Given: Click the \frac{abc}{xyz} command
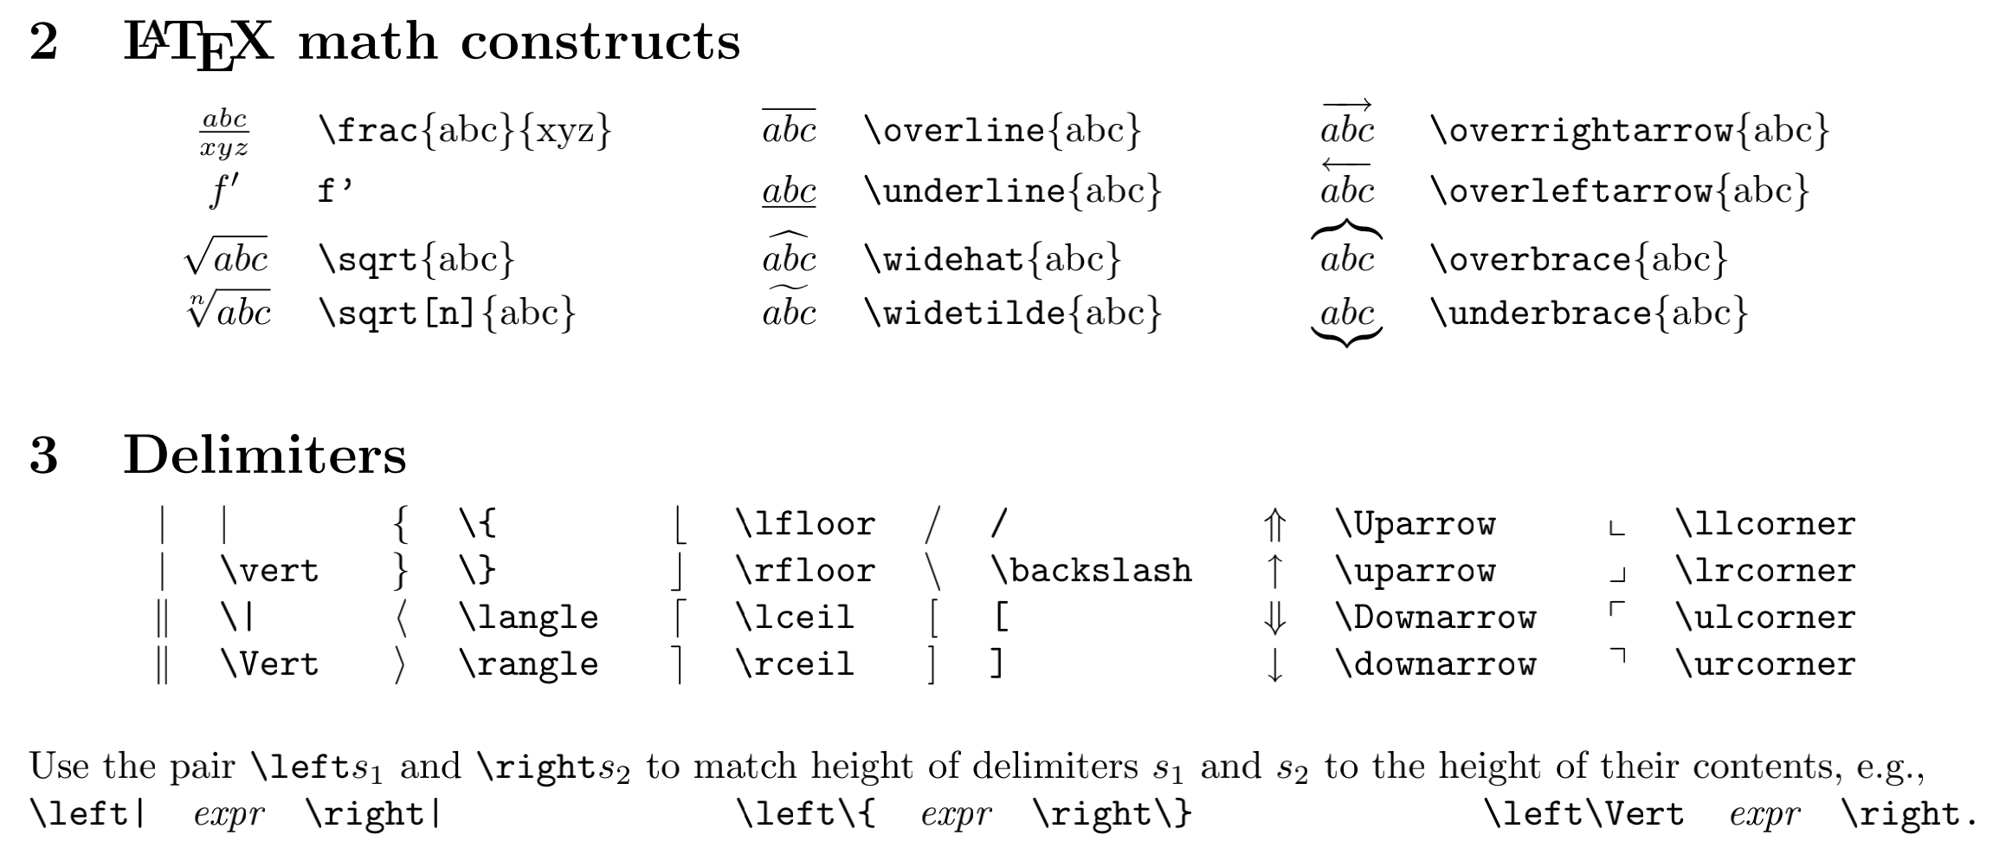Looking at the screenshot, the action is pyautogui.click(x=465, y=130).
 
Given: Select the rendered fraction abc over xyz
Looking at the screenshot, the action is pyautogui.click(x=224, y=133).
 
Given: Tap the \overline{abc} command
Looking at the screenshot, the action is pyautogui.click(x=1003, y=130).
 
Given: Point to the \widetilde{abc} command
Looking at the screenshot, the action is pyautogui.click(x=1012, y=312).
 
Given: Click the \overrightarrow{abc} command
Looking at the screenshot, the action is pyautogui.click(x=1629, y=130).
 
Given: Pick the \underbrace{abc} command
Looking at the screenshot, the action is pyautogui.click(x=1589, y=312).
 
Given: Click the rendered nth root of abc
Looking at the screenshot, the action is pyautogui.click(x=229, y=310).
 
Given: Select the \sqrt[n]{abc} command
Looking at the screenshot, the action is pyautogui.click(x=447, y=312).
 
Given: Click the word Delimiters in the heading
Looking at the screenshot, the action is pyautogui.click(x=265, y=455).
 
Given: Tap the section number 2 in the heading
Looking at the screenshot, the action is pyautogui.click(x=43, y=42).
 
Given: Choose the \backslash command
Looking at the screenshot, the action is pyautogui.click(x=1091, y=571).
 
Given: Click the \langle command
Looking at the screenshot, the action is pyautogui.click(x=528, y=618).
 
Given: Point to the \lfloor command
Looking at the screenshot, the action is pyautogui.click(x=804, y=524).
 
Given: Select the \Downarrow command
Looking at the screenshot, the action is pyautogui.click(x=1435, y=618).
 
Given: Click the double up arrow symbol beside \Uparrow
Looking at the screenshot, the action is pyautogui.click(x=1274, y=525).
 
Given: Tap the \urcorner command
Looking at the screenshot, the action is pyautogui.click(x=1765, y=664).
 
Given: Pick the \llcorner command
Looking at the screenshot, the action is pyautogui.click(x=1765, y=524).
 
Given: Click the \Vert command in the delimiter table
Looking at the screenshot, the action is pyautogui.click(x=270, y=664).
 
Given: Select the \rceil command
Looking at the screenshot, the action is pyautogui.click(x=794, y=664).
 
